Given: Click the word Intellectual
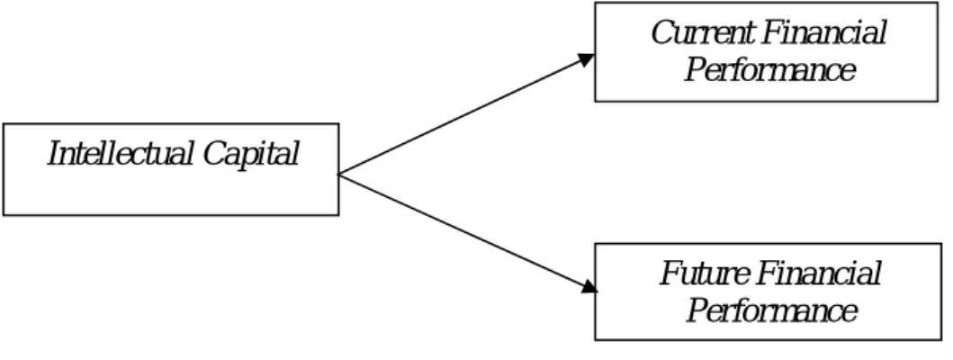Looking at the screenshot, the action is pos(121,153).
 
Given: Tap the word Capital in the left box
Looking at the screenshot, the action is pos(250,155).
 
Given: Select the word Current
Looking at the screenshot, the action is pos(700,32).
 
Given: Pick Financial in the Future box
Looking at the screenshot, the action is pos(820,274).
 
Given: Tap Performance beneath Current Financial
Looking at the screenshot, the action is pos(770,69).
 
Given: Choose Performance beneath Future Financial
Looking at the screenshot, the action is pos(772,310).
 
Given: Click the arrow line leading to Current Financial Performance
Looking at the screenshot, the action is pos(466,114).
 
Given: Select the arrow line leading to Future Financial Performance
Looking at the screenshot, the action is pos(468,233).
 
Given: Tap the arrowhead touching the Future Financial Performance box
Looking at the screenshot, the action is pos(589,287).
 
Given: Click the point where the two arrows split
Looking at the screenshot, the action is pos(338,175).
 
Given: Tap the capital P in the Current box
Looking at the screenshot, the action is pos(696,69).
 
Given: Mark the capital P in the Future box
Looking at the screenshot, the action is pos(697,310).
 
